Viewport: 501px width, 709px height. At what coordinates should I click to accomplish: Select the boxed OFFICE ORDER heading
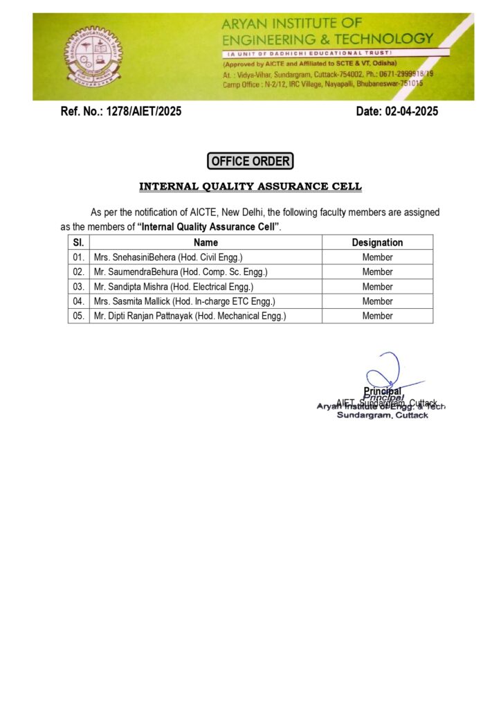[x=250, y=161]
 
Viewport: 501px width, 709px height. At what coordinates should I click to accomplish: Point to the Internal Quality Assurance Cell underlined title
[x=250, y=187]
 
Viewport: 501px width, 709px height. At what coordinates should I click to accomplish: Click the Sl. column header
[x=78, y=242]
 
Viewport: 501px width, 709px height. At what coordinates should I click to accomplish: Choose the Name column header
[x=206, y=242]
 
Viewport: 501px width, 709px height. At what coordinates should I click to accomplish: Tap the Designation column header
[x=377, y=242]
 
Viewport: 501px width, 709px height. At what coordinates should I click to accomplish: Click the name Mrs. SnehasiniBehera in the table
[x=168, y=258]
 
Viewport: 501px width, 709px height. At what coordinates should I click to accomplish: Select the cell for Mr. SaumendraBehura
[x=181, y=272]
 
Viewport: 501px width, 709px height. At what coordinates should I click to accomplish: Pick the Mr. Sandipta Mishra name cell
[x=174, y=287]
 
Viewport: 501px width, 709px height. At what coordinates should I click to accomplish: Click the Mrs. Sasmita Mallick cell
[x=185, y=301]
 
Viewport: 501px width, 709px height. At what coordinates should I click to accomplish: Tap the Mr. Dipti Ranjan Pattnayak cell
[x=190, y=316]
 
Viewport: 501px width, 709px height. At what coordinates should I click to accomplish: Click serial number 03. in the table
[x=78, y=287]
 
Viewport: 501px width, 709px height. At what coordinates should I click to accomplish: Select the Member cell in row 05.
[x=377, y=316]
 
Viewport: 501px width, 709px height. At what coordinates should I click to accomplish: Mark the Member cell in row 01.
[x=377, y=258]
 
